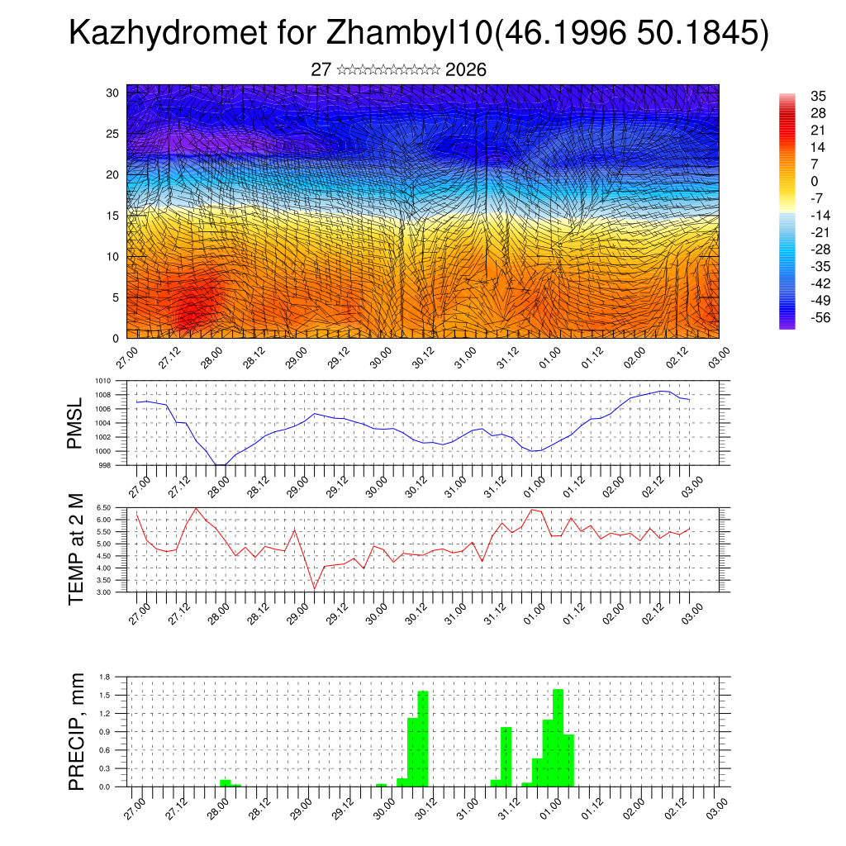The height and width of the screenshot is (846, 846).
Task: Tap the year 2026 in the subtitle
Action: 466,70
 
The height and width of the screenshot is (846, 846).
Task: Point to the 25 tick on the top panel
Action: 112,134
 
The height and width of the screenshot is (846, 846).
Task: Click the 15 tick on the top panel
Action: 112,216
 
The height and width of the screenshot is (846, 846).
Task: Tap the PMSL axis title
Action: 75,423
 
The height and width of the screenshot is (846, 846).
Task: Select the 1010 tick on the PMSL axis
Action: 102,381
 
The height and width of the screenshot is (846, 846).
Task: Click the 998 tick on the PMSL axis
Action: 104,465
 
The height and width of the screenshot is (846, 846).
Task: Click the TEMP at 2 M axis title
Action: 75,549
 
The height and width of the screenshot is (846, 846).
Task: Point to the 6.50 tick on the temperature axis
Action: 103,507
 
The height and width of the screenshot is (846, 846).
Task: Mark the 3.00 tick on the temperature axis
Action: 103,592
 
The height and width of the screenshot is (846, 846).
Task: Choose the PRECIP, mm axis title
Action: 75,731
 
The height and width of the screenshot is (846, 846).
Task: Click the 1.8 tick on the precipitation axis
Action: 106,677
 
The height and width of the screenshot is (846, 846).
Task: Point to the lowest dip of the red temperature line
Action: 314,589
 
